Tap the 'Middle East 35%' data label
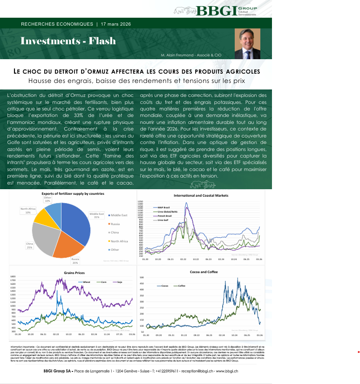coord(96,215)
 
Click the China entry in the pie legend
coord(115,232)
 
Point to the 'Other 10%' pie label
coord(47,199)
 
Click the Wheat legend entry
coord(86,282)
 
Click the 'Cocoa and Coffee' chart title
coord(203,272)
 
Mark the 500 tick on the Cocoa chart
coord(142,277)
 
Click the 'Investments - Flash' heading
coord(68,41)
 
